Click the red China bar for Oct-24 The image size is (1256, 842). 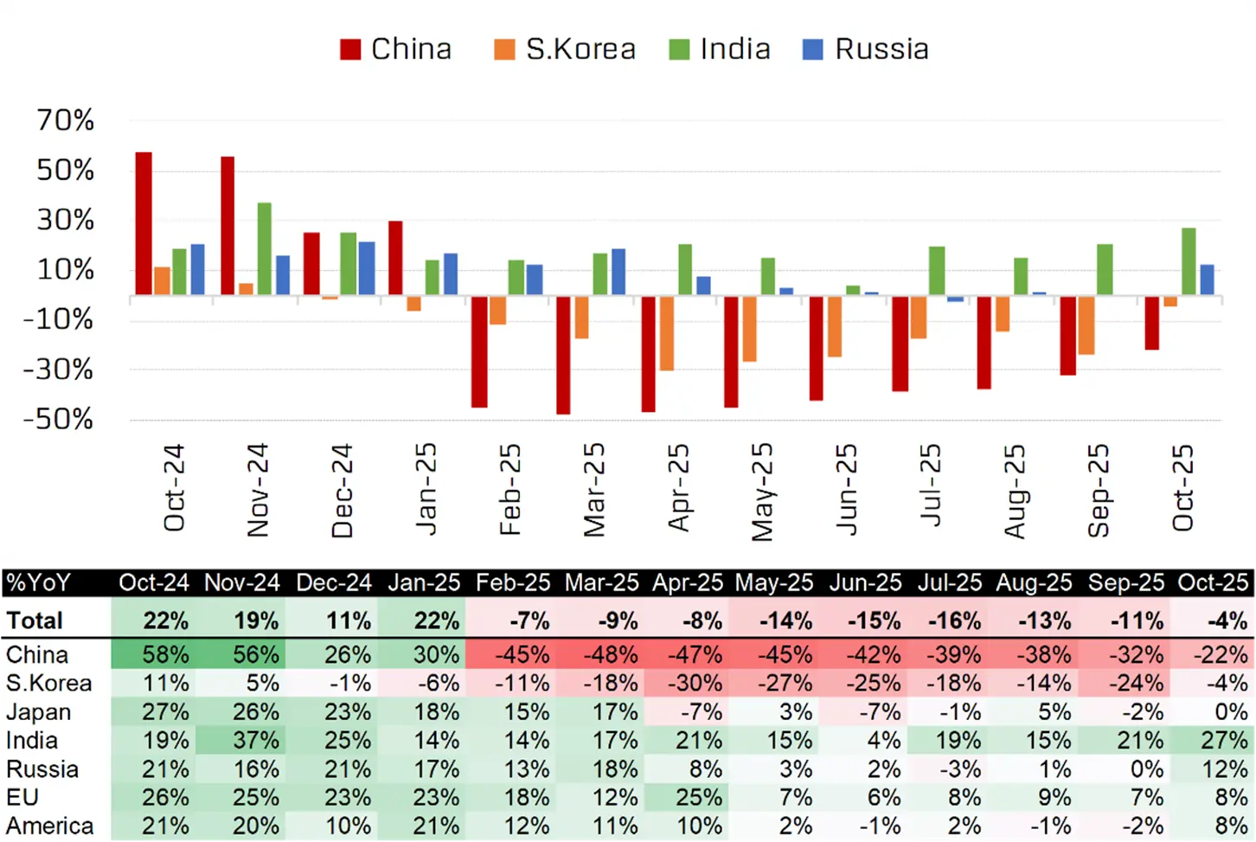point(144,223)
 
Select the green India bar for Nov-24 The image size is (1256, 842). point(264,249)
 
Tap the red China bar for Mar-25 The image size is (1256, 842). point(563,355)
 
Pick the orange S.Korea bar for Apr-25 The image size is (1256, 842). point(667,333)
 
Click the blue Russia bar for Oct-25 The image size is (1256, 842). point(1207,280)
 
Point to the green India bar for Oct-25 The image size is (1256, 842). point(1189,261)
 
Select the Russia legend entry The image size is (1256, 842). point(866,49)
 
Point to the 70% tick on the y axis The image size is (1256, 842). point(66,120)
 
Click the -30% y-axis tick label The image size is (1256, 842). point(59,370)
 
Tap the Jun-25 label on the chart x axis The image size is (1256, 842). point(846,489)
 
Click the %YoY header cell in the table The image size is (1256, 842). point(39,582)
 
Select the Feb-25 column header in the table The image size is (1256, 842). point(513,582)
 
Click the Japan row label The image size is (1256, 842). point(39,711)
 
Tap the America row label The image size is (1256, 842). point(49,826)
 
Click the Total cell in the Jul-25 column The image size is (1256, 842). point(951,620)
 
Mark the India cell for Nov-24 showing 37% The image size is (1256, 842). point(255,740)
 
